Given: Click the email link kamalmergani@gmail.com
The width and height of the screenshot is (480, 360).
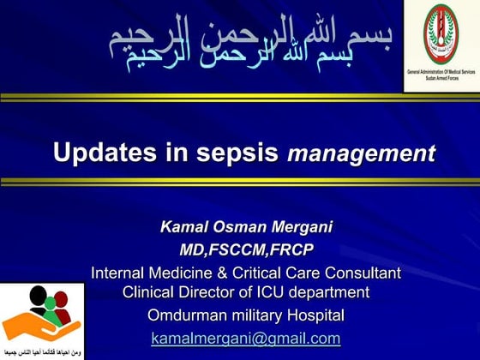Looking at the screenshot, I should pos(245,338).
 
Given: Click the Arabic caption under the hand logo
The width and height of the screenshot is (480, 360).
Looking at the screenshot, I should pos(42,353).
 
